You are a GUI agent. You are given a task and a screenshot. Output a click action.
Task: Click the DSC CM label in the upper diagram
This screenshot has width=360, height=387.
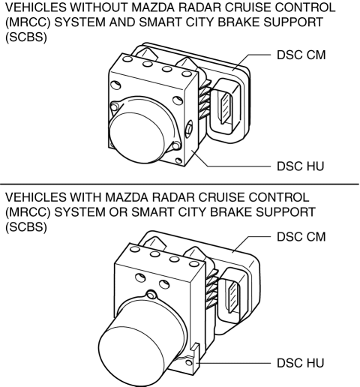click(x=301, y=55)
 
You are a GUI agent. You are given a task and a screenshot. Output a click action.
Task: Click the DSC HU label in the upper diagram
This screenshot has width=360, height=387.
click(x=300, y=166)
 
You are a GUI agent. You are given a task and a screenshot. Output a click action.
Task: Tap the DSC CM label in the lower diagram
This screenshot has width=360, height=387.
click(x=301, y=236)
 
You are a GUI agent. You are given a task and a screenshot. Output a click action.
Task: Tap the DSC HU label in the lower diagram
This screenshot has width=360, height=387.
click(x=300, y=363)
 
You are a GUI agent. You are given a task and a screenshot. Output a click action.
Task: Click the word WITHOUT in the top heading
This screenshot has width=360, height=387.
click(x=99, y=7)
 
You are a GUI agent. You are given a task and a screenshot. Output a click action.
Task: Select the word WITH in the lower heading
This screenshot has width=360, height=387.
click(x=85, y=197)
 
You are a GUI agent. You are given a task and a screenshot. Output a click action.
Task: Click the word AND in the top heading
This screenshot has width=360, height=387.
click(x=121, y=22)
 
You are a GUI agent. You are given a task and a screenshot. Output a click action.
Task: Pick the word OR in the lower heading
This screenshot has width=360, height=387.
click(x=118, y=211)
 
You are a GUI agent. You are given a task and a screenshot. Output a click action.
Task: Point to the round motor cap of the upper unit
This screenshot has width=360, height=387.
click(x=137, y=137)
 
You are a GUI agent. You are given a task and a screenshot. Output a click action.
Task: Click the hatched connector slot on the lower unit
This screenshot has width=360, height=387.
click(x=233, y=297)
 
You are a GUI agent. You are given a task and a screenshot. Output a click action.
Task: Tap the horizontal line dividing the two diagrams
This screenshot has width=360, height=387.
click(x=179, y=184)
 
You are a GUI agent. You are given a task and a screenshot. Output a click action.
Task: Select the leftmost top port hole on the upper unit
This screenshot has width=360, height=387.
click(x=127, y=59)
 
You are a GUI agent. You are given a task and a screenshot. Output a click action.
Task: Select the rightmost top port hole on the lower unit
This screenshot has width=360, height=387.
click(x=194, y=264)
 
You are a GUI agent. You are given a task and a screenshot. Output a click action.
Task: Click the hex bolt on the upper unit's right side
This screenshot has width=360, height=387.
click(x=189, y=129)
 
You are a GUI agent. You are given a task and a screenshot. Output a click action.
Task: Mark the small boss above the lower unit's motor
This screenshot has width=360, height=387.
click(x=151, y=295)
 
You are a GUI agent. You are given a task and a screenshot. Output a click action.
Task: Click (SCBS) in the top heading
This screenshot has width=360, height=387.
click(x=26, y=37)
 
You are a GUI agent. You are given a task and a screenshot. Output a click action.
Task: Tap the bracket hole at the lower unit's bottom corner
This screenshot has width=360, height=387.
click(x=189, y=362)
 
